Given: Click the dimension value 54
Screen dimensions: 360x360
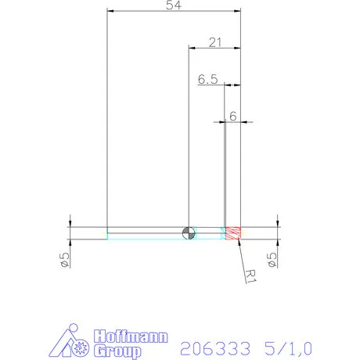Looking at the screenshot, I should [x=175, y=6].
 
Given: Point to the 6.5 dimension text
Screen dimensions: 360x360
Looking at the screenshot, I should [x=207, y=79].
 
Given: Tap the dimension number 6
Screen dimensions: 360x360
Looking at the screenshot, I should [x=232, y=116].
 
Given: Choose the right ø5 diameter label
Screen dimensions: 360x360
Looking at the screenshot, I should [x=273, y=258].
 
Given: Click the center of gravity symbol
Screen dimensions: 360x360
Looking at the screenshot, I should [x=188, y=232].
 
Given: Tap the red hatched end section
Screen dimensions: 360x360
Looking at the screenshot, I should [x=232, y=232].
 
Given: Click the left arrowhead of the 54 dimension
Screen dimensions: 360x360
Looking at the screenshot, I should [x=110, y=11].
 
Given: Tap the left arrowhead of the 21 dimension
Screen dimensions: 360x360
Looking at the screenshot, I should [x=190, y=48].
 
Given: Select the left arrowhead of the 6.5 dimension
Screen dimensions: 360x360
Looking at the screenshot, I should [x=227, y=85].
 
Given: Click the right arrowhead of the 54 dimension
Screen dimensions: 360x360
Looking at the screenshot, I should [x=238, y=11].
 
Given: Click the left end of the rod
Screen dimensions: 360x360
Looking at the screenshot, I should [x=108, y=232].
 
